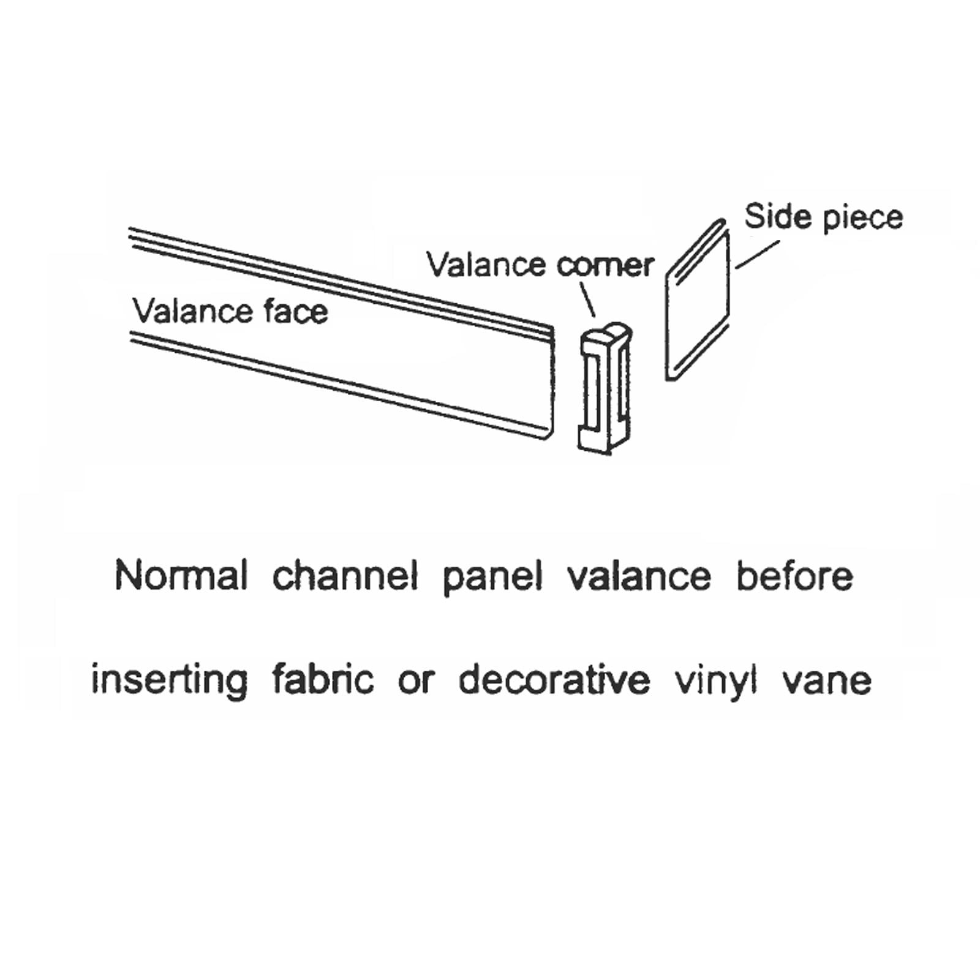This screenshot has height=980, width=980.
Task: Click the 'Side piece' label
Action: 823,217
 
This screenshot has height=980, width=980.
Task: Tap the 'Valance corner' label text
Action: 540,265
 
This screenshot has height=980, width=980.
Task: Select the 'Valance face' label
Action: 230,311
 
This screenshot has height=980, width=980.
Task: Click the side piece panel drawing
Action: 698,300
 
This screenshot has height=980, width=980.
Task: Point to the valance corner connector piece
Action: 605,388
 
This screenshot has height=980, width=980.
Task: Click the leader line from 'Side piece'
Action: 758,254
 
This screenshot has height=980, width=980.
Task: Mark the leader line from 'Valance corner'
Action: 587,301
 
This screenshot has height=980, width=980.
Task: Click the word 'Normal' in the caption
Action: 181,576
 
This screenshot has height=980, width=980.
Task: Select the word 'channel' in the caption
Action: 345,576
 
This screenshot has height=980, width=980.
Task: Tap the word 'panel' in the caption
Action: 492,579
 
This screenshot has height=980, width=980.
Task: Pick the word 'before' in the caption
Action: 794,576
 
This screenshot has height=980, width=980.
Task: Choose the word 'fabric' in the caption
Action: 323,679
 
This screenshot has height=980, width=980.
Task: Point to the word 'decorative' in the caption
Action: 554,679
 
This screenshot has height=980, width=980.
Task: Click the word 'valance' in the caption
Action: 639,576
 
